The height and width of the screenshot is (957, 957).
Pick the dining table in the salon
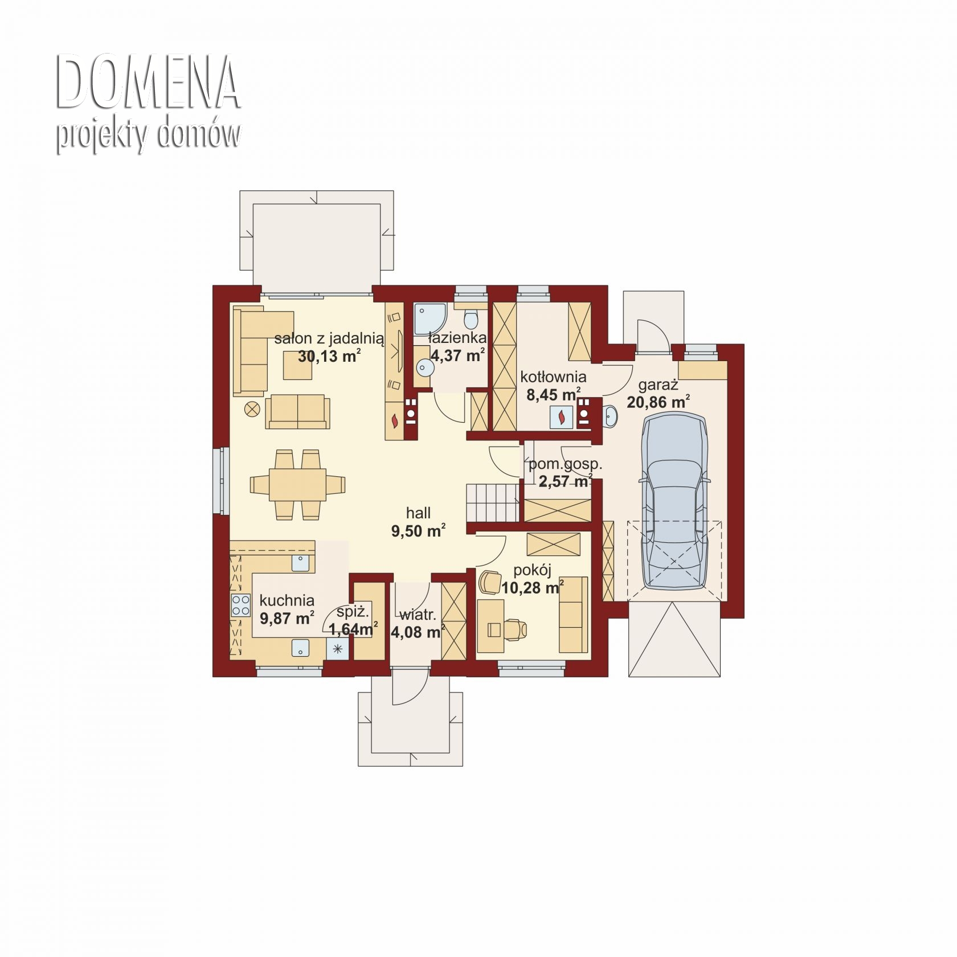297,484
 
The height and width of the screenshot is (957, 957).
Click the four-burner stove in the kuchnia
240,605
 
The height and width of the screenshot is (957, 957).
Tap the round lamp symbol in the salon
252,408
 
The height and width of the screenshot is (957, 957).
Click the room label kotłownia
553,377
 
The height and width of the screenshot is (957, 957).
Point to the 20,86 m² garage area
658,402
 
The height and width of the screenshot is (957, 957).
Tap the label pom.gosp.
565,464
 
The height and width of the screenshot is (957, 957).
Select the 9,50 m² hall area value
418,531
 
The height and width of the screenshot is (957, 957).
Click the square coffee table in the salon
298,365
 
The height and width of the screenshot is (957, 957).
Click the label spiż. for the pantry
353,612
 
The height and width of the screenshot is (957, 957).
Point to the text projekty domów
148,134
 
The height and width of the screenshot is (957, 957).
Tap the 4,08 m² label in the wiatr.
418,632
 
